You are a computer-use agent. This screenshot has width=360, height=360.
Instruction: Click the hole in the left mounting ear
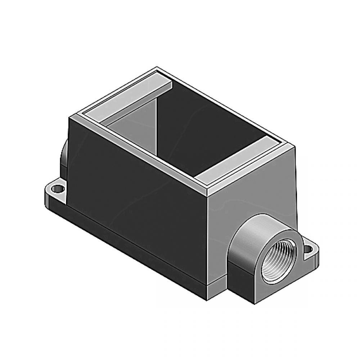point(56,188)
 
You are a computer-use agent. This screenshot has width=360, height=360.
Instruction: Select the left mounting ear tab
point(54,193)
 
